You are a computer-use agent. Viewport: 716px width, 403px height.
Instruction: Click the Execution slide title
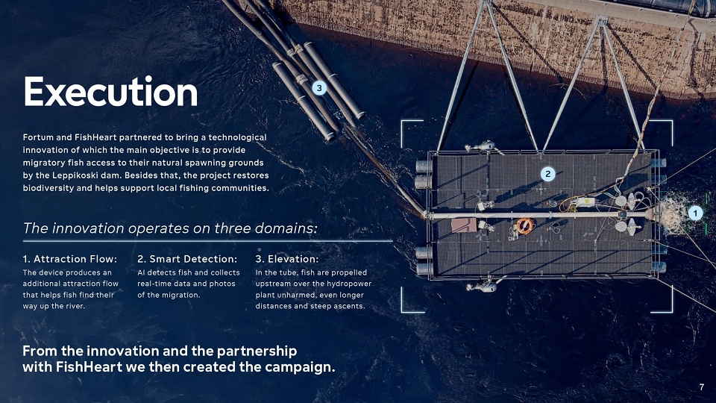click(110, 92)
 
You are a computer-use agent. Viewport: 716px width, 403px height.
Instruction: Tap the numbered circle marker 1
click(695, 213)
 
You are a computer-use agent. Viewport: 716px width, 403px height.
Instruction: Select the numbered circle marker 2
click(548, 174)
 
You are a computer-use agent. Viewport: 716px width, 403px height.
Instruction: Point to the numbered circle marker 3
click(319, 88)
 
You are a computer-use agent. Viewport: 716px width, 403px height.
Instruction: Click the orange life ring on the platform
click(524, 225)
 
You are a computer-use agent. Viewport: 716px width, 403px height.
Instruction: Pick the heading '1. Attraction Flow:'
click(70, 259)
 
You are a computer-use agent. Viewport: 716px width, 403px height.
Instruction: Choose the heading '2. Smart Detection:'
click(187, 259)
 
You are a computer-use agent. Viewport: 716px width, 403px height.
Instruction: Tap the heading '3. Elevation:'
click(286, 259)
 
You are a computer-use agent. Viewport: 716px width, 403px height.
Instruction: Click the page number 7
click(701, 387)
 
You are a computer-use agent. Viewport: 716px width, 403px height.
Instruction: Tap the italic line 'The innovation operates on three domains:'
click(170, 228)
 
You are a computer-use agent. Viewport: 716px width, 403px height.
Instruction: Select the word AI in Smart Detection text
click(141, 272)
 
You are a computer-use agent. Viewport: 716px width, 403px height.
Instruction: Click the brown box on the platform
click(464, 225)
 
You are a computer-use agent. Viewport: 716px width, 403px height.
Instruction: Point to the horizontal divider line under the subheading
click(208, 241)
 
